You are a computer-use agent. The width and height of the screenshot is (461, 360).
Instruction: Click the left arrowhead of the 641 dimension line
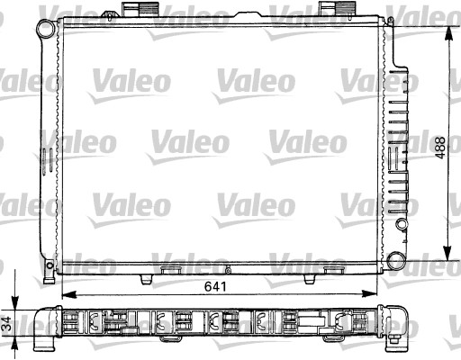[66, 294]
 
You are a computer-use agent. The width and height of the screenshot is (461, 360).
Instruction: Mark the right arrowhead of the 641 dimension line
[371, 294]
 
